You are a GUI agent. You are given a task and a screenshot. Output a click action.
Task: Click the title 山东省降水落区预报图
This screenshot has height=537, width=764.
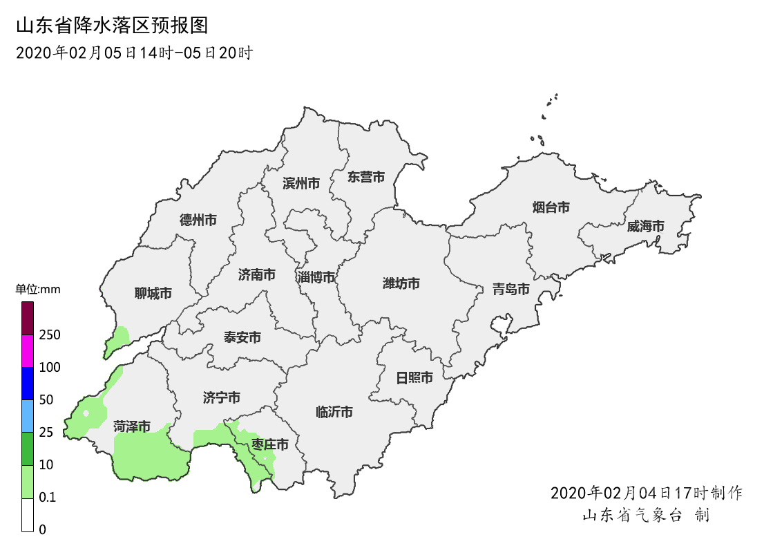click(x=111, y=26)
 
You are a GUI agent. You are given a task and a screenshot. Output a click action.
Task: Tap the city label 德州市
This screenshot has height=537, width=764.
click(x=198, y=220)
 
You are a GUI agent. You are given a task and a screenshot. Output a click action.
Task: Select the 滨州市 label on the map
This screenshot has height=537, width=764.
click(x=301, y=184)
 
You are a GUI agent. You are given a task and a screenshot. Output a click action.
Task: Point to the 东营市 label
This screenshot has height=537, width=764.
click(x=366, y=177)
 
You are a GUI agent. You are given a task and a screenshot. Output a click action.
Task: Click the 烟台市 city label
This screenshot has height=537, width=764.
click(x=551, y=207)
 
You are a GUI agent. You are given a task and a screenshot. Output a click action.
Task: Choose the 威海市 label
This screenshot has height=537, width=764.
click(x=646, y=227)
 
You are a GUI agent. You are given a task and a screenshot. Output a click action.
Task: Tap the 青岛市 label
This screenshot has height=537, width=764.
click(x=511, y=289)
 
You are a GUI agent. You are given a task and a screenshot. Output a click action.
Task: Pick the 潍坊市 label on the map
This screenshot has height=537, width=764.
click(x=401, y=284)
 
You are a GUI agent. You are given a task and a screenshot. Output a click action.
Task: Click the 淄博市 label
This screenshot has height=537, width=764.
click(x=316, y=278)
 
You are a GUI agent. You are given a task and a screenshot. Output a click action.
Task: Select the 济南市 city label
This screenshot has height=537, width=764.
click(x=257, y=275)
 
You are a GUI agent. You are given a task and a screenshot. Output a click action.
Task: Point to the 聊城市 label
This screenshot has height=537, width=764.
click(x=153, y=294)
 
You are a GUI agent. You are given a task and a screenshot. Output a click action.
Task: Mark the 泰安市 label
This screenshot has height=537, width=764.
click(x=242, y=338)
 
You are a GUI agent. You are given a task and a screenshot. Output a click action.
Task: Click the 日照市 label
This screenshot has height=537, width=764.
click(x=414, y=378)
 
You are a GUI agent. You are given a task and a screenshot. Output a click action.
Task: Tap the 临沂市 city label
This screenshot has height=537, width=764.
click(x=334, y=413)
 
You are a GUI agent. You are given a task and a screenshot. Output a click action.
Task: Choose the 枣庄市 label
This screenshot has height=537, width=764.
click(x=270, y=444)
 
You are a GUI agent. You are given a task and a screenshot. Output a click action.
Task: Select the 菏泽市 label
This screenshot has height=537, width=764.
click(x=132, y=427)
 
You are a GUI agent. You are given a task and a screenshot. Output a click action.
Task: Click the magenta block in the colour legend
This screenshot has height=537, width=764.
click(x=28, y=351)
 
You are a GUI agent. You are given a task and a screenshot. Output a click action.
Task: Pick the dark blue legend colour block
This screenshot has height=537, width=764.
click(x=28, y=384)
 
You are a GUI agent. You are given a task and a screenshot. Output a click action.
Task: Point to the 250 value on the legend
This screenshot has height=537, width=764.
click(x=50, y=335)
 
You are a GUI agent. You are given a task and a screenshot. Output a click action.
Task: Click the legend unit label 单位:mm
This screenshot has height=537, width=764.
click(x=38, y=290)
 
